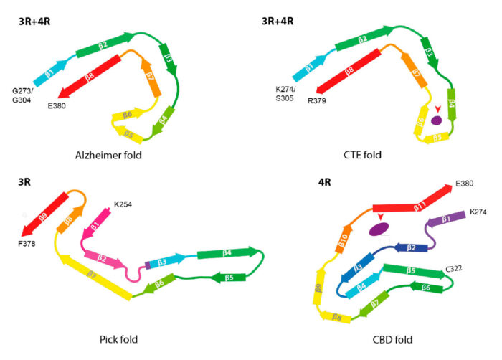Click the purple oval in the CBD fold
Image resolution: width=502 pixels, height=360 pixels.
[x=379, y=229]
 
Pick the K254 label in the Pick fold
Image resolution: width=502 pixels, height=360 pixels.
[x=124, y=204]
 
